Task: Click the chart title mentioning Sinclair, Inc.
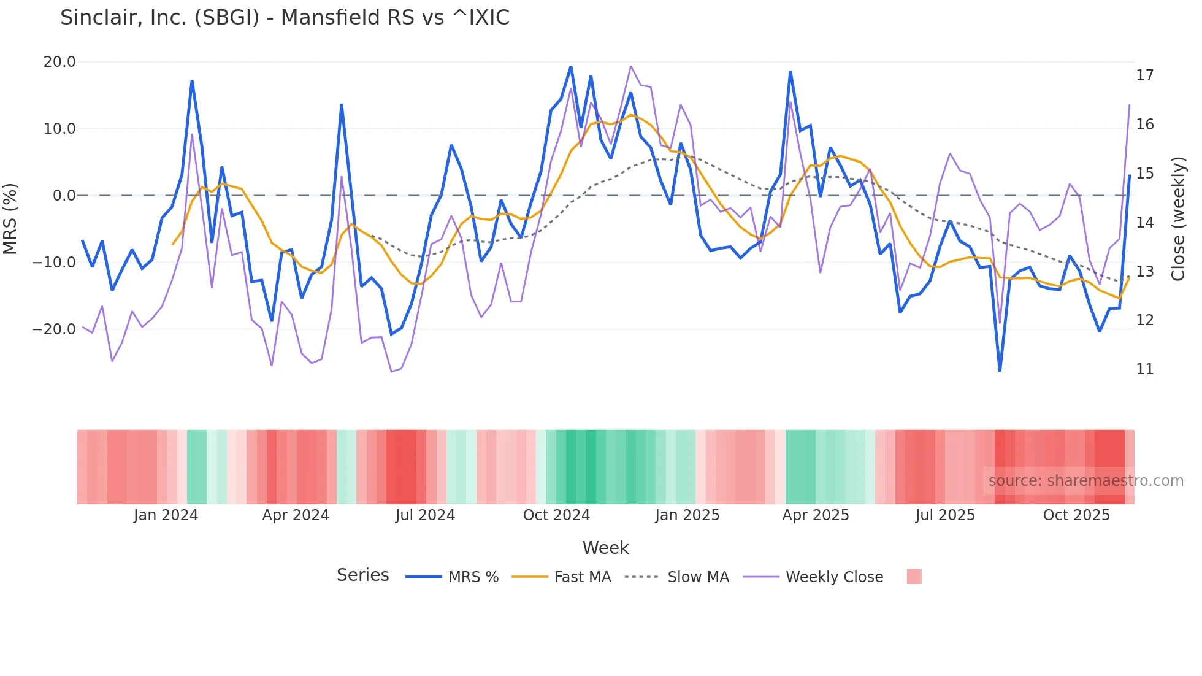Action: tap(285, 18)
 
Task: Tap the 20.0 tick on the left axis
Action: tap(59, 62)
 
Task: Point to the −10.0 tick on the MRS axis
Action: tap(54, 263)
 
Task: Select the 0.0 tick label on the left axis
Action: tap(64, 196)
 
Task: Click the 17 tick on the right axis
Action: tap(1144, 75)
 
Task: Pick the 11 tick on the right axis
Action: tap(1144, 369)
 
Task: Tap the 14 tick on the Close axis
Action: tap(1144, 223)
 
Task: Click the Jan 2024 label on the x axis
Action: tap(166, 515)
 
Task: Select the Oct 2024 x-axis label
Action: tap(556, 515)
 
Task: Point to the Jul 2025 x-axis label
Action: tap(945, 515)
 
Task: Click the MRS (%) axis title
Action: tap(10, 218)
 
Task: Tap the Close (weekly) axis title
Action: tap(1178, 218)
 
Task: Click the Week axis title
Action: tap(605, 548)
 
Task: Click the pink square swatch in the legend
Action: tap(914, 577)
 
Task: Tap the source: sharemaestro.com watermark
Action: tap(1085, 481)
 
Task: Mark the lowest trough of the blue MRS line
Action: tap(1000, 371)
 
